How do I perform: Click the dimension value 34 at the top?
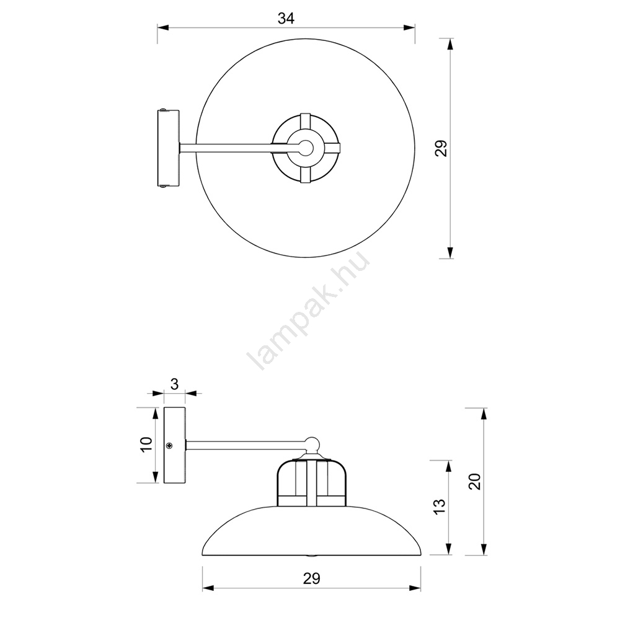286,18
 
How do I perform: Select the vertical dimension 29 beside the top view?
441,148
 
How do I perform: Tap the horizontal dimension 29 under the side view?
311,578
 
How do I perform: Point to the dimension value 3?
174,384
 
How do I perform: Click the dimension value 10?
146,445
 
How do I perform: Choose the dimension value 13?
440,507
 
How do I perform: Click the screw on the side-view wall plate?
169,446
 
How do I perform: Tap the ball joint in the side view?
312,444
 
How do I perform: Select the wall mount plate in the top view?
169,148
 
